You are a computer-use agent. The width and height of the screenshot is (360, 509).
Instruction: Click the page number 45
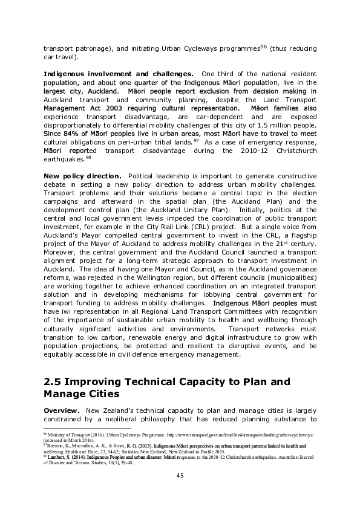tap(180, 475)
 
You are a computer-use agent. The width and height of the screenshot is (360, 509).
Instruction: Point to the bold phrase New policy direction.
tap(82, 175)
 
